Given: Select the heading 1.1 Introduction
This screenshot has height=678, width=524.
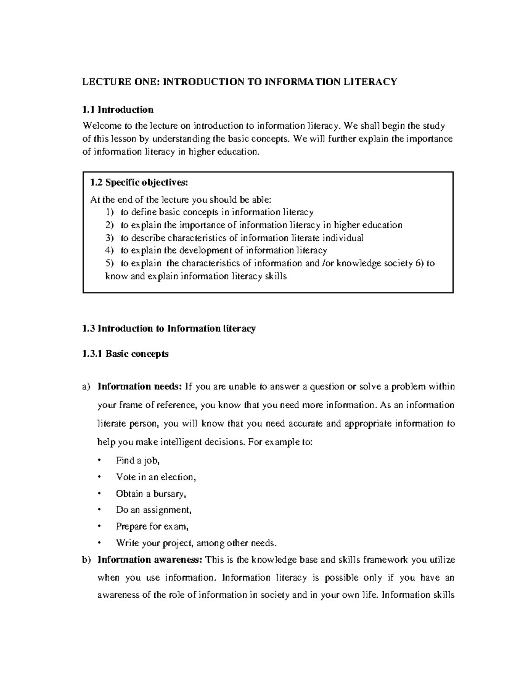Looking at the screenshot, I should point(118,109).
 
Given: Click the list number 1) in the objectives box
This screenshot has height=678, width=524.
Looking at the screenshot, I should point(109,213).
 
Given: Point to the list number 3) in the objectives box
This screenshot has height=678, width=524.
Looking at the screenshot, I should point(109,238).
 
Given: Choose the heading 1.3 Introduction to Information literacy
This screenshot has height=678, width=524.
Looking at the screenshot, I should point(169,328).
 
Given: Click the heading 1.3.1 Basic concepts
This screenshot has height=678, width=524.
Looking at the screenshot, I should point(125,354).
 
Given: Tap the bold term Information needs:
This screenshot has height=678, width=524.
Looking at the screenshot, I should point(139,387).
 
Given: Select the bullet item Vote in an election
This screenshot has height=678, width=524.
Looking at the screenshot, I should point(155,477).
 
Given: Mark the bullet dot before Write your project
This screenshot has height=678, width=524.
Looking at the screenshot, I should point(100,544).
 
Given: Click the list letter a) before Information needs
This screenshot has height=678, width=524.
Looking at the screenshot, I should point(86,387).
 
